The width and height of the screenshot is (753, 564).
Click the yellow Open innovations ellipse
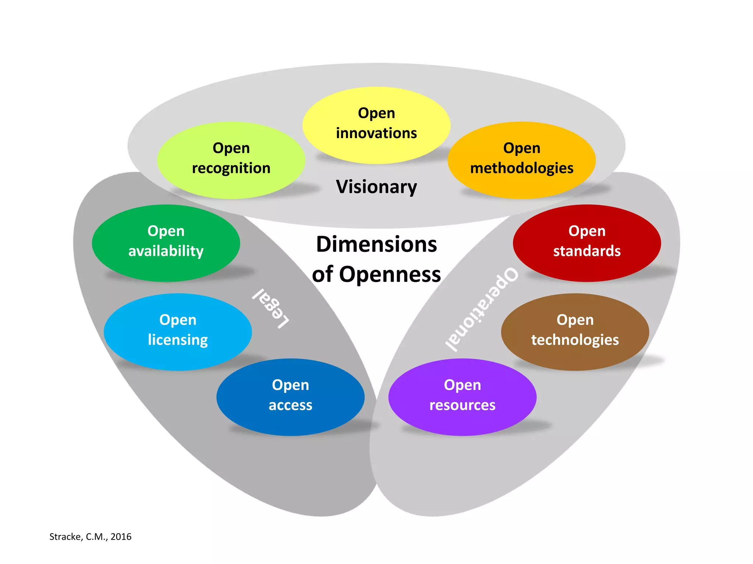(376, 125)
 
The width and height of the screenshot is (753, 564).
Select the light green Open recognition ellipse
(231, 160)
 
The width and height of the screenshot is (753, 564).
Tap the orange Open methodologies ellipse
(521, 160)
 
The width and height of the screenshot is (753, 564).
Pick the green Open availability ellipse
(166, 243)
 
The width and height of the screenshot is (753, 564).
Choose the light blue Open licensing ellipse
(178, 332)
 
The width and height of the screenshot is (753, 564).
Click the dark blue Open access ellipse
(290, 397)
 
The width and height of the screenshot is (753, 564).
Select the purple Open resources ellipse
(462, 397)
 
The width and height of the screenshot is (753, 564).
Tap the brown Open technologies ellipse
(575, 332)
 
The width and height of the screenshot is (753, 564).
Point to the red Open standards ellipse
(587, 243)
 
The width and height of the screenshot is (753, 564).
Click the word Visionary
(376, 187)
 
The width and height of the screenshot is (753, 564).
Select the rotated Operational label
(482, 309)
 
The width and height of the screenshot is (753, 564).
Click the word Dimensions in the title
(376, 245)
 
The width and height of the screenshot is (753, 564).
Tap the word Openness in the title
(390, 275)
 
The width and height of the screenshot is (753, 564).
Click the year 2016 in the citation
(121, 537)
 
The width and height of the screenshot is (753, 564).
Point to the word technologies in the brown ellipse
(575, 340)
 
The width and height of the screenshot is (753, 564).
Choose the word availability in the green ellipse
(166, 251)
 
